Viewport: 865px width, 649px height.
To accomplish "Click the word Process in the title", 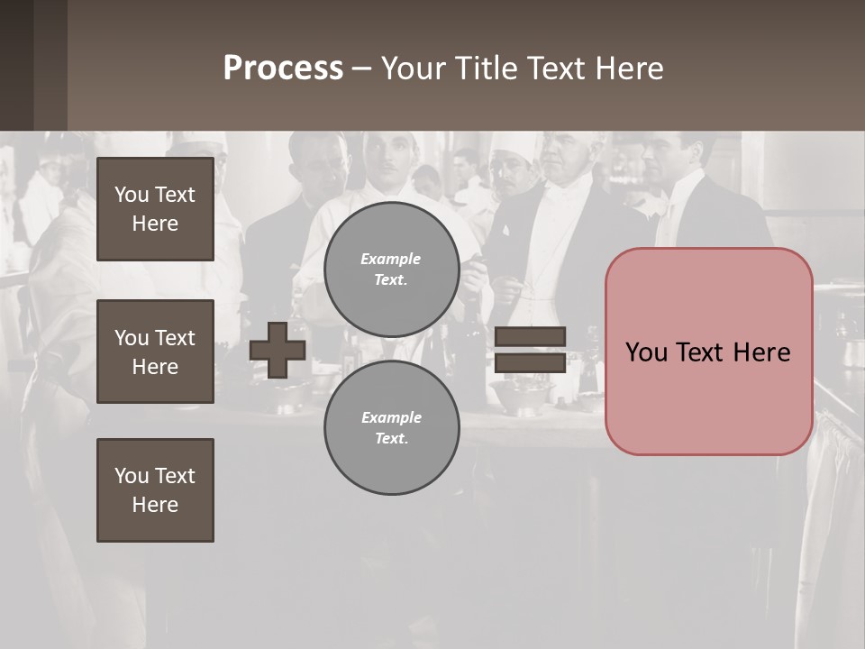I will [283, 69].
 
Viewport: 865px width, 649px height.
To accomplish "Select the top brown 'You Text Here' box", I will [155, 209].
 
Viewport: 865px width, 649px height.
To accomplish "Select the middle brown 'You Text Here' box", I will [155, 352].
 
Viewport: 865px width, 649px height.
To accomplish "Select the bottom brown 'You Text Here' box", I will [155, 490].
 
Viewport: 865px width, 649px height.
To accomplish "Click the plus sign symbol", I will [278, 350].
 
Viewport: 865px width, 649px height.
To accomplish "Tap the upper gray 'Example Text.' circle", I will [391, 270].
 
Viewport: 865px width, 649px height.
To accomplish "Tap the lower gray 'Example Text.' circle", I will [391, 428].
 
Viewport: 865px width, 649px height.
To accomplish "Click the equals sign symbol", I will [530, 350].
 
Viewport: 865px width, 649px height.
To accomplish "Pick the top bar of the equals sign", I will [530, 337].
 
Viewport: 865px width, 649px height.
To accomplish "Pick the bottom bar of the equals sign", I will [530, 362].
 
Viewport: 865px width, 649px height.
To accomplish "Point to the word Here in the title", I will [630, 69].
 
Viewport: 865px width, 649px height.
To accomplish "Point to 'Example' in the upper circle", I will [391, 259].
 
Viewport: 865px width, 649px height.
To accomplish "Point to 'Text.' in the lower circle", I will [391, 439].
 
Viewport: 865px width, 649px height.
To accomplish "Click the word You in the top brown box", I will [132, 195].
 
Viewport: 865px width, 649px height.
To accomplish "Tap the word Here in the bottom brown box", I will [155, 505].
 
